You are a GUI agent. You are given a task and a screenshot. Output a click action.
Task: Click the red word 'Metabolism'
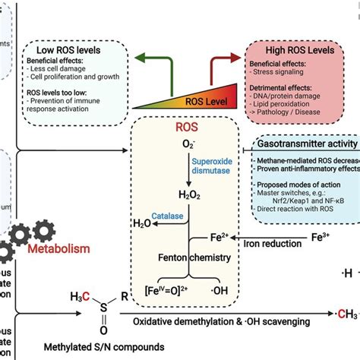tap(59, 248)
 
